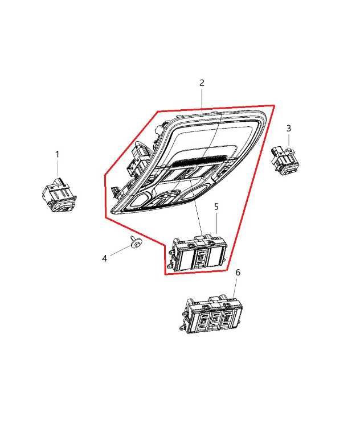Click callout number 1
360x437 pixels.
coord(57,154)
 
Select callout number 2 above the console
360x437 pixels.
coord(202,83)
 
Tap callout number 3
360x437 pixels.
coord(289,128)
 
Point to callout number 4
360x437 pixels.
coord(104,258)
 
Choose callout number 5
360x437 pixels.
coord(216,207)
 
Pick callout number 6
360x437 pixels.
coord(238,273)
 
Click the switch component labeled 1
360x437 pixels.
coord(59,195)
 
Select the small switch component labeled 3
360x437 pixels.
coord(285,160)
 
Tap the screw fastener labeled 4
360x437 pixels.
coord(136,243)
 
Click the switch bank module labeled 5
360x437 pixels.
coord(197,253)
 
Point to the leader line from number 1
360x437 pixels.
coord(58,168)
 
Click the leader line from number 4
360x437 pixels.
coord(120,250)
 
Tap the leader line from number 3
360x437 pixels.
coord(289,139)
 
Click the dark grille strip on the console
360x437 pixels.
coord(198,160)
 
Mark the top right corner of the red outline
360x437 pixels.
coord(274,105)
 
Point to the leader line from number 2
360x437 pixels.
coord(202,100)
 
